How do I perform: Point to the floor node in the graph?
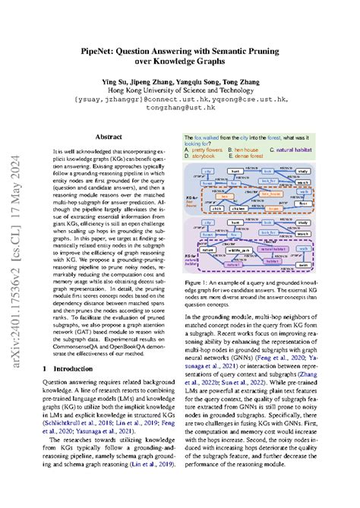pyautogui.click(x=323, y=204)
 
